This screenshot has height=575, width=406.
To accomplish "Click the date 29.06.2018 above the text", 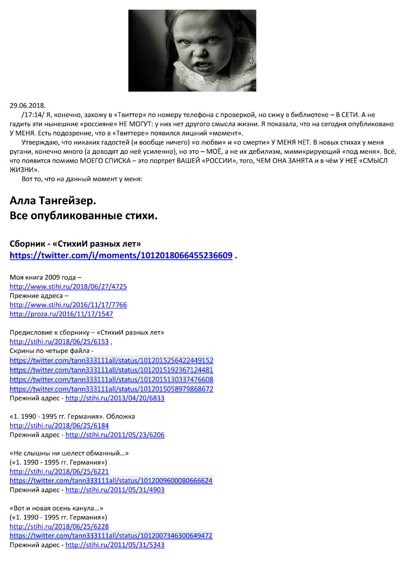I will click(27, 106).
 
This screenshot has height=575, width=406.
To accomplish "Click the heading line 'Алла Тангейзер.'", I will click(53, 201).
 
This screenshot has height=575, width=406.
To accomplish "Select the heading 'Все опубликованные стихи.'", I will click(83, 216).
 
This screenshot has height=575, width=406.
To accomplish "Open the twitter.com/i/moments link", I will click(121, 255).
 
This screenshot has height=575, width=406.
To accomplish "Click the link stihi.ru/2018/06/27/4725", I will click(68, 287).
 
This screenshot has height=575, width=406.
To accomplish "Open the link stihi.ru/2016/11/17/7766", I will click(68, 305).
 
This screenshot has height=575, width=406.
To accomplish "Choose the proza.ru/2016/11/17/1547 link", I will click(62, 314).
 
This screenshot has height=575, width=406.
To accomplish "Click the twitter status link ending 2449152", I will click(112, 361).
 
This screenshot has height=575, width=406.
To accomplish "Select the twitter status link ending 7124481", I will click(112, 370).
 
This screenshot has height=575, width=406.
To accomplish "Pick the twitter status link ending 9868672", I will click(112, 389).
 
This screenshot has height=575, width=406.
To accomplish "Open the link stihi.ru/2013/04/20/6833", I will click(115, 398).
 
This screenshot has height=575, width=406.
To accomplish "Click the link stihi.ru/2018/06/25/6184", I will click(59, 426).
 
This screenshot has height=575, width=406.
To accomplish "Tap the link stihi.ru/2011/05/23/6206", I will click(115, 435).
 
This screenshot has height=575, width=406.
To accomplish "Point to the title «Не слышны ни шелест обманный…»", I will click(69, 453).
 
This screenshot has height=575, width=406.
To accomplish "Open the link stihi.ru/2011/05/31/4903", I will click(115, 490).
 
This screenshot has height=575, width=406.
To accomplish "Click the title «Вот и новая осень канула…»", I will click(56, 508).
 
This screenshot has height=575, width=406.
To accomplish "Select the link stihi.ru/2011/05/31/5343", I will click(115, 545).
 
